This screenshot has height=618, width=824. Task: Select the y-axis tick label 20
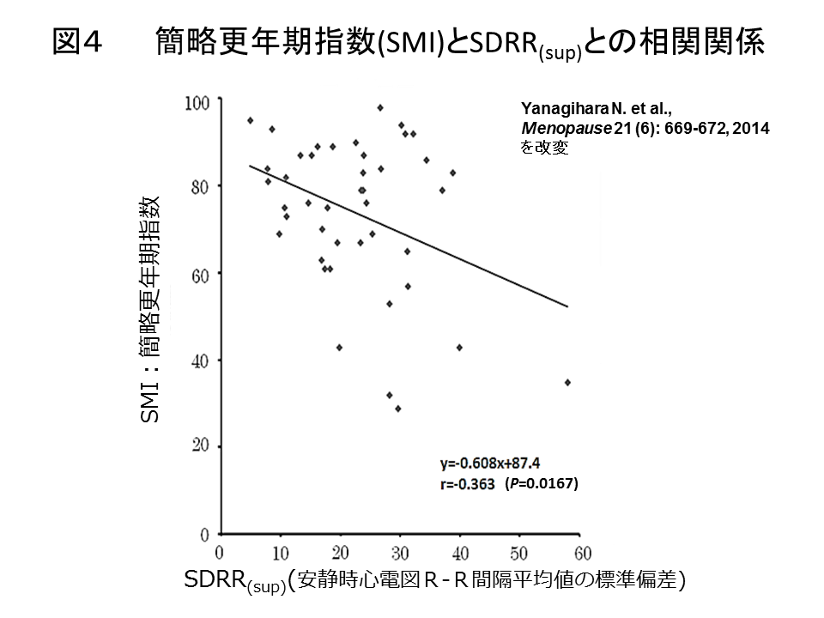click(201, 446)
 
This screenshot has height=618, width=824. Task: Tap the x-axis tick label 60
click(582, 552)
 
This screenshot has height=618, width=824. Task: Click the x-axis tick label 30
click(401, 552)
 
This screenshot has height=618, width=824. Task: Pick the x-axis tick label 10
click(280, 552)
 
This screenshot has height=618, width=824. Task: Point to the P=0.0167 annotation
click(542, 484)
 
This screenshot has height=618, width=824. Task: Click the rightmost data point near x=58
click(567, 382)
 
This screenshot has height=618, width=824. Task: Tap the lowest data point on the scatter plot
click(398, 409)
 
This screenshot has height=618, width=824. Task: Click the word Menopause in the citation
click(556, 128)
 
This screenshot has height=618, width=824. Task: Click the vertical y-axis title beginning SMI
click(150, 310)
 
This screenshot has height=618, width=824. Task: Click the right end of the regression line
click(567, 306)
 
